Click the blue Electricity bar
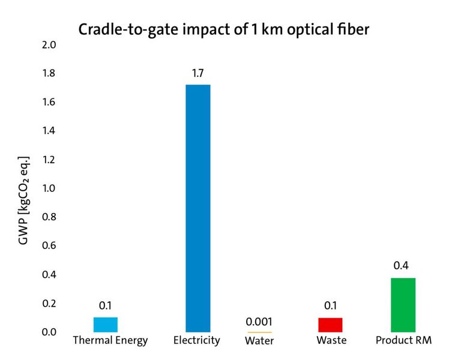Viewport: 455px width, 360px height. [198, 208]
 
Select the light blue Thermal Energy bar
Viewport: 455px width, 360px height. [106, 324]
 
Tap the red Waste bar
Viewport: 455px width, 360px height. [330, 325]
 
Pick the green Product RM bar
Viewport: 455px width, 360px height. [403, 305]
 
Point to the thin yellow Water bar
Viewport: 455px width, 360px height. [259, 332]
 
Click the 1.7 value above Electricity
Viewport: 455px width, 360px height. [198, 74]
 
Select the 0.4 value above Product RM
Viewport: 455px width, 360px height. [403, 266]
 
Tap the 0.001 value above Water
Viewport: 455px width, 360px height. [259, 320]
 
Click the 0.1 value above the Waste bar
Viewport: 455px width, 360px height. [330, 306]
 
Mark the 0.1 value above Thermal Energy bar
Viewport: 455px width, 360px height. [106, 305]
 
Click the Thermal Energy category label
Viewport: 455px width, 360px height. [110, 341]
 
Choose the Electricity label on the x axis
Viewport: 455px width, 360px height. [196, 340]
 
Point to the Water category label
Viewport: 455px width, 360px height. [259, 341]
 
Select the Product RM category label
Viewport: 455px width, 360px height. [403, 341]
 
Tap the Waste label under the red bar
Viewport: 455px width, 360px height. [332, 341]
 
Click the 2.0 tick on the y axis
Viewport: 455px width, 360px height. [49, 45]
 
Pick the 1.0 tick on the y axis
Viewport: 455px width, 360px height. [49, 188]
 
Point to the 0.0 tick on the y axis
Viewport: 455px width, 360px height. [49, 332]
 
